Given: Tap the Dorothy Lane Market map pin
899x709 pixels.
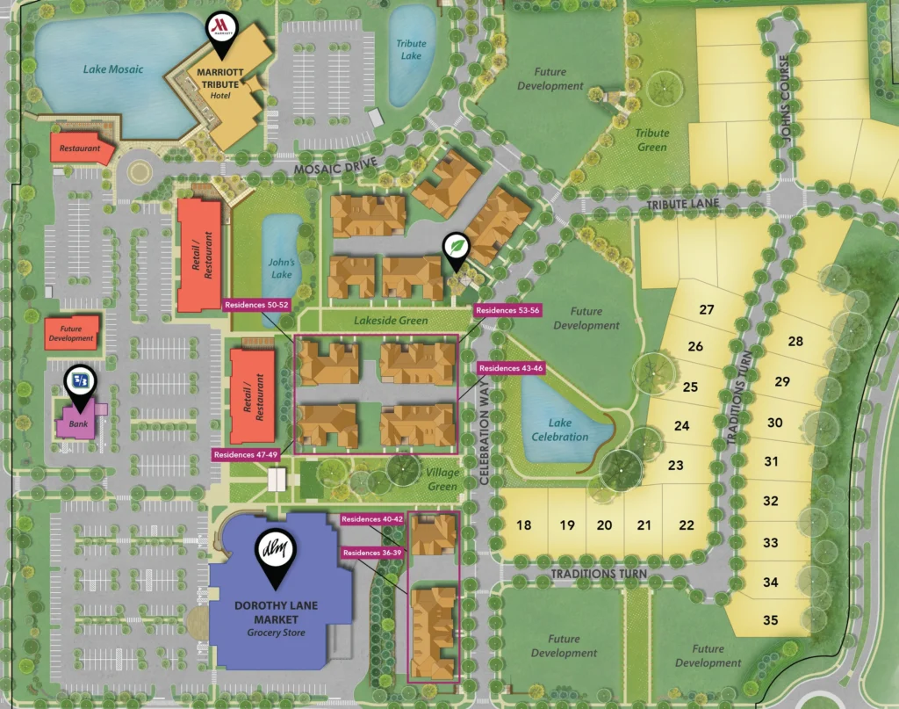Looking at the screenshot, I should pos(275,551).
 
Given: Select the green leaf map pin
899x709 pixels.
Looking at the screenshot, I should pos(456,249).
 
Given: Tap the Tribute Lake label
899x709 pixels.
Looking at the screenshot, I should pos(410,49).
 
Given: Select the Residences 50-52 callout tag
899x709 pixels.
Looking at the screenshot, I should pos(257,305).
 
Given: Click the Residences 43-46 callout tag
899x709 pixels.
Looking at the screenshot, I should pos(512,367).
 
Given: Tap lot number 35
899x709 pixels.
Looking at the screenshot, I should pos(770,620).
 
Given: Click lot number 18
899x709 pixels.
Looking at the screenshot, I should pos(524,525).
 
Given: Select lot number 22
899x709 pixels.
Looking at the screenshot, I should pos(687,525).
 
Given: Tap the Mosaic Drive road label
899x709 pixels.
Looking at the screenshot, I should pos(335,164).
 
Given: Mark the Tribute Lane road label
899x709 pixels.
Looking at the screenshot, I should pos(682,204).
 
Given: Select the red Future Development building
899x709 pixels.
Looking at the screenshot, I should pos(71,333).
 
